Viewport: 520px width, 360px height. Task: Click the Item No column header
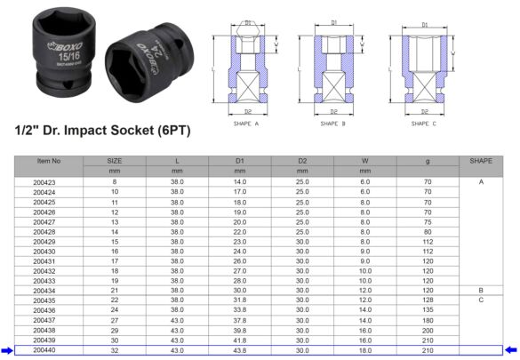(x=49, y=161)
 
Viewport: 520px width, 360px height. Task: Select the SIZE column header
(x=115, y=161)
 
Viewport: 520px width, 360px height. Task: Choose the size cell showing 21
(x=115, y=291)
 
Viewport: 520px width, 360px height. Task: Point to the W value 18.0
(x=364, y=350)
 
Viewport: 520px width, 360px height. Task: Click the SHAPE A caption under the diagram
(x=245, y=124)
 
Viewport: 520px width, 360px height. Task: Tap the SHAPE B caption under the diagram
(x=334, y=124)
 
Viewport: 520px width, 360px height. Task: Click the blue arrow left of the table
(x=7, y=350)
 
